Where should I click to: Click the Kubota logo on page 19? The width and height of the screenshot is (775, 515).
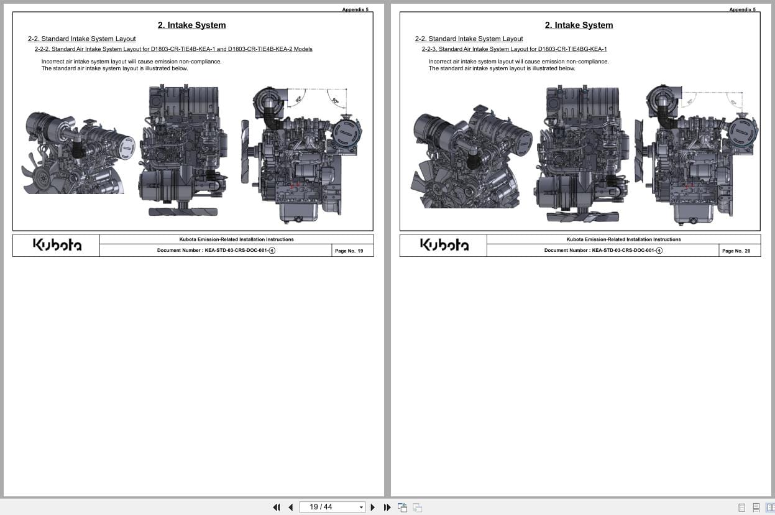click(57, 245)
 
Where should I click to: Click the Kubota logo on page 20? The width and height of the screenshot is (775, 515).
click(444, 245)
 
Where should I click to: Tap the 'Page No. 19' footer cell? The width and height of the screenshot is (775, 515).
click(349, 251)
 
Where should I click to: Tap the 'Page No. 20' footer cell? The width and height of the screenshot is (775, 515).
click(736, 251)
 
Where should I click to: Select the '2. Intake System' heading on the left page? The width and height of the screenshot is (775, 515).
click(191, 26)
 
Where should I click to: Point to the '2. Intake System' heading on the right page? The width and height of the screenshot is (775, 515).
click(579, 26)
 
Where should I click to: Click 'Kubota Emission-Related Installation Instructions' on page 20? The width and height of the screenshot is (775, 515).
click(623, 239)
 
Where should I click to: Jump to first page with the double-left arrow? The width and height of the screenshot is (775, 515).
click(277, 508)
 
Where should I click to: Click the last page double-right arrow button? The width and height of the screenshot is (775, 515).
click(387, 508)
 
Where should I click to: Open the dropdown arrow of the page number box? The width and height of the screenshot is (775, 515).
click(361, 508)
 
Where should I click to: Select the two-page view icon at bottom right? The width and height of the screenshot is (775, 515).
click(770, 508)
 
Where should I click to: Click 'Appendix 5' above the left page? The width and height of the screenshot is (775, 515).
click(355, 9)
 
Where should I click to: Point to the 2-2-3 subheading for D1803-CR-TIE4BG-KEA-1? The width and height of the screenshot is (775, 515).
click(514, 49)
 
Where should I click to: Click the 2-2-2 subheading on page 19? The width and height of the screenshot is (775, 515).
click(173, 49)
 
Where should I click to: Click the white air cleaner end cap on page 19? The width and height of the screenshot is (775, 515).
click(127, 147)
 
